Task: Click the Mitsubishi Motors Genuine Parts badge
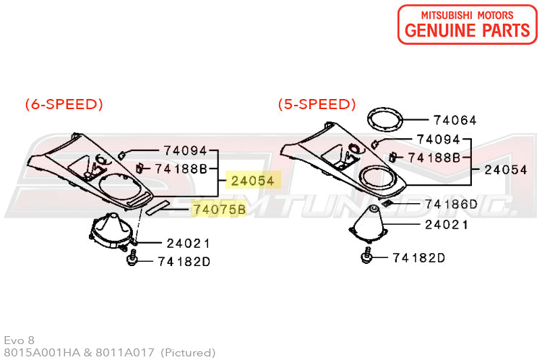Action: click(x=468, y=25)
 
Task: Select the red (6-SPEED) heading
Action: click(x=64, y=104)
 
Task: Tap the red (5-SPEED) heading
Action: click(x=317, y=104)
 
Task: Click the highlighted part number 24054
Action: click(x=253, y=181)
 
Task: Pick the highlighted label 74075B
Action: click(x=219, y=209)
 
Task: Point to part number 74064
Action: click(x=455, y=120)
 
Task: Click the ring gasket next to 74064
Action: click(x=384, y=120)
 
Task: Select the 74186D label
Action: click(x=451, y=204)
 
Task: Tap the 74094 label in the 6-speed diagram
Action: click(x=185, y=150)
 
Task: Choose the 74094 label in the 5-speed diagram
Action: click(x=439, y=140)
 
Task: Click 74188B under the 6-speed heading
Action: click(x=181, y=168)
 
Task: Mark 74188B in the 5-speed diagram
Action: click(x=434, y=158)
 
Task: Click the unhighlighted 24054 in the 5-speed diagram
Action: click(x=506, y=169)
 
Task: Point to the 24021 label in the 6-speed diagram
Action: click(x=188, y=244)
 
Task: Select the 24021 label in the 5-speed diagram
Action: click(x=447, y=225)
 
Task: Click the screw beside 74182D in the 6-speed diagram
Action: click(x=132, y=259)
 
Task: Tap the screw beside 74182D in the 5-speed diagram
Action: click(x=367, y=256)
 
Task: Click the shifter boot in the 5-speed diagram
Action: click(x=368, y=224)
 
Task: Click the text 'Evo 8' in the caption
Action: click(x=19, y=340)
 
